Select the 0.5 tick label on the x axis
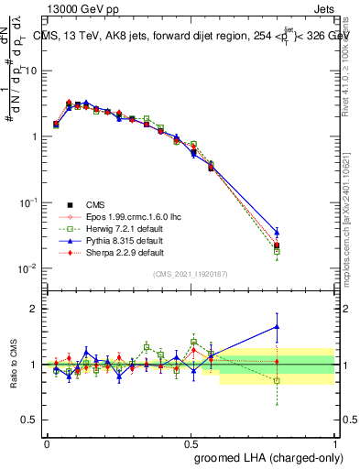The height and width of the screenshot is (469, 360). (x=191, y=443)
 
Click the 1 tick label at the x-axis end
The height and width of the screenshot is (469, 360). (x=335, y=443)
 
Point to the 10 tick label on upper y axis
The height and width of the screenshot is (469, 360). (x=29, y=71)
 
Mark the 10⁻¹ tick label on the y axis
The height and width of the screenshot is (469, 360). (x=27, y=202)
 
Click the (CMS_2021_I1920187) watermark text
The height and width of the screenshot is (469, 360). (x=190, y=274)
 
